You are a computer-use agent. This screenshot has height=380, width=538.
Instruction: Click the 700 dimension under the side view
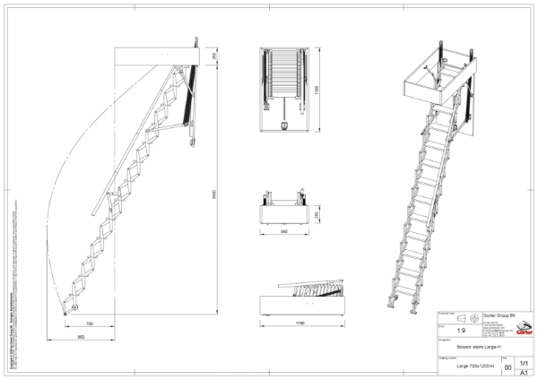[x=89, y=323]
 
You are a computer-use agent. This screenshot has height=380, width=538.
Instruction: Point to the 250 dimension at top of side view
[x=213, y=56]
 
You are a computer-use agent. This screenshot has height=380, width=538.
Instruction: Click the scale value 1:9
[x=460, y=329]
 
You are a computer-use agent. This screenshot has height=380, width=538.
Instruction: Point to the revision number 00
[x=508, y=367]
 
